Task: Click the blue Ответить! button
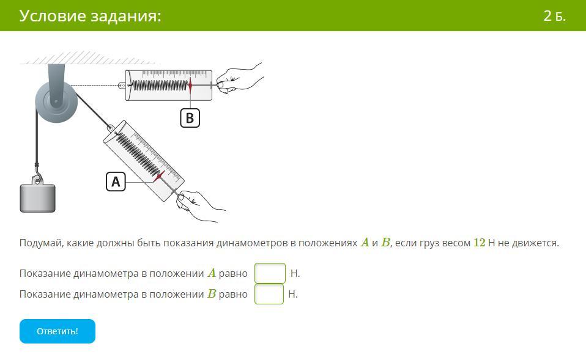[x=57, y=331]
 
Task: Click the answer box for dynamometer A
[x=270, y=273]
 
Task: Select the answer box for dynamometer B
[x=269, y=294]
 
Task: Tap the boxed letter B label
[x=190, y=118]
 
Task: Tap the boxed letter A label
[x=116, y=182]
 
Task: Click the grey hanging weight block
[x=37, y=198]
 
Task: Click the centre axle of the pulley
[x=56, y=101]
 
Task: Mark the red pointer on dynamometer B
[x=190, y=86]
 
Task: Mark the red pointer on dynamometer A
[x=159, y=176]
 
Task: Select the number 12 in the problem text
[x=479, y=243]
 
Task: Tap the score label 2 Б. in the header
[x=555, y=16]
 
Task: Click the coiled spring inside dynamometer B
[x=160, y=86]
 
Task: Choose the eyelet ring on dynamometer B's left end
[x=122, y=86]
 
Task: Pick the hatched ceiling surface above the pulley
[x=90, y=58]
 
